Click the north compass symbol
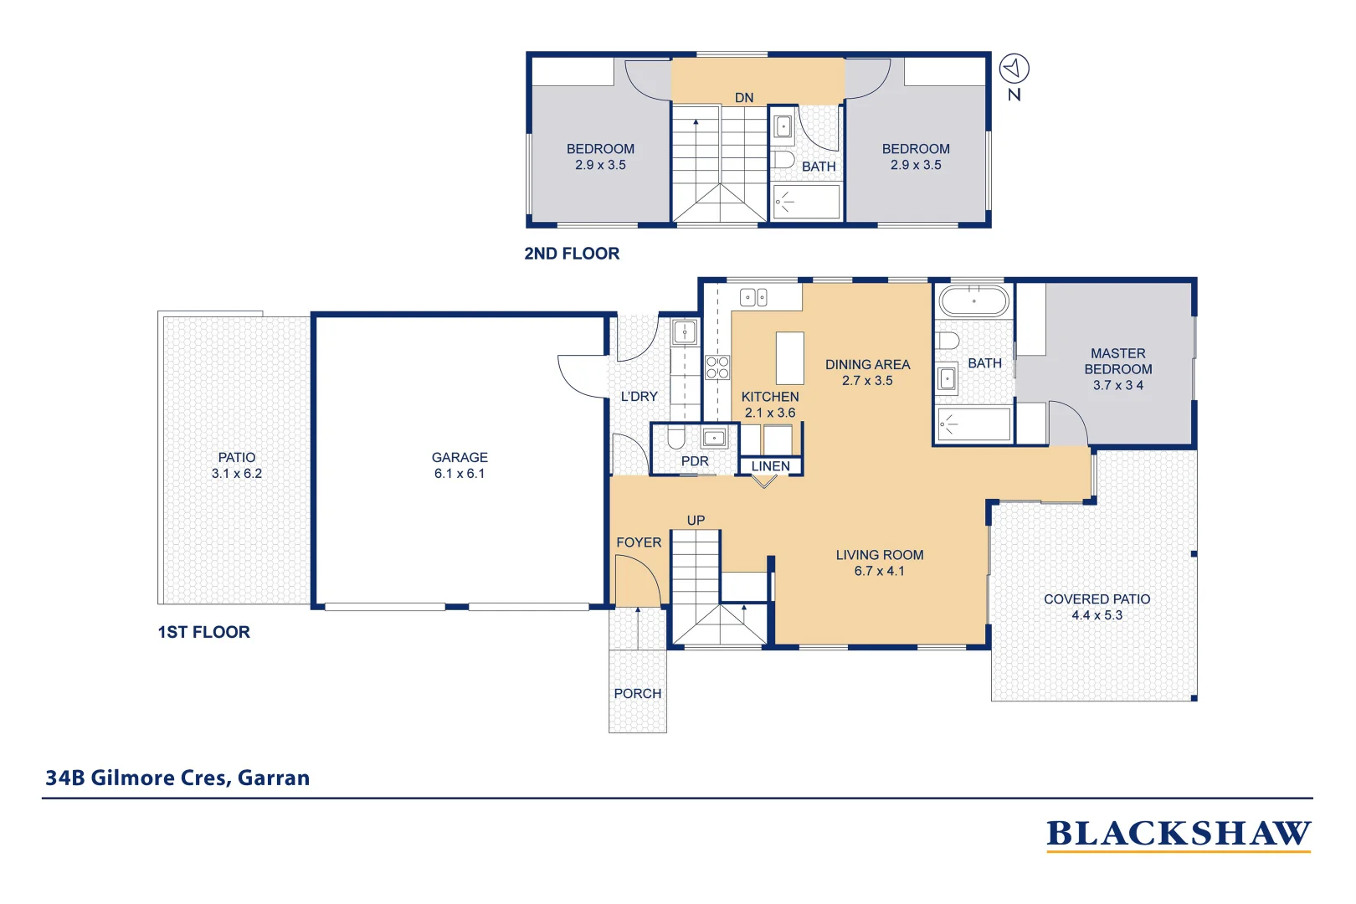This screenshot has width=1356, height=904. (x=1014, y=69)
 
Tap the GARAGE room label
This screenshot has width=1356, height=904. (x=460, y=457)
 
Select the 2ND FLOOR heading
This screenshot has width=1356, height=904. (x=572, y=254)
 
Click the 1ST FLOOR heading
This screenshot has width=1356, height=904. (x=203, y=632)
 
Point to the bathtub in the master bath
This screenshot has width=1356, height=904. (x=973, y=300)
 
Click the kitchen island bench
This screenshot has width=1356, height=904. (x=789, y=357)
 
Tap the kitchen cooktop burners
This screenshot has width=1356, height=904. (x=717, y=367)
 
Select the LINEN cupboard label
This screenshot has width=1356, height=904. (x=770, y=466)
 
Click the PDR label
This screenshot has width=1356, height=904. (x=695, y=461)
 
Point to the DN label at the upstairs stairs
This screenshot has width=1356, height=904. (x=744, y=98)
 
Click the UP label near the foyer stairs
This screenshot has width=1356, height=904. (x=696, y=520)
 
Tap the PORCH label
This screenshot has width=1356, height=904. (x=637, y=693)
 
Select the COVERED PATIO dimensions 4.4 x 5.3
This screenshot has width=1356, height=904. (x=1097, y=615)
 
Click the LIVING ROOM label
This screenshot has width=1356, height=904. (x=879, y=555)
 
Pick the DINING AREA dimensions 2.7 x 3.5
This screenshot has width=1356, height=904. (x=867, y=381)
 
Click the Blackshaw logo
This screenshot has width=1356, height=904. (x=1178, y=835)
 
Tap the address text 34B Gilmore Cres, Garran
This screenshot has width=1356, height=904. (x=177, y=778)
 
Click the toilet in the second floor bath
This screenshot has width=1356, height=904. (x=783, y=159)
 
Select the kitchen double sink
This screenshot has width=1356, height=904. (x=753, y=297)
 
